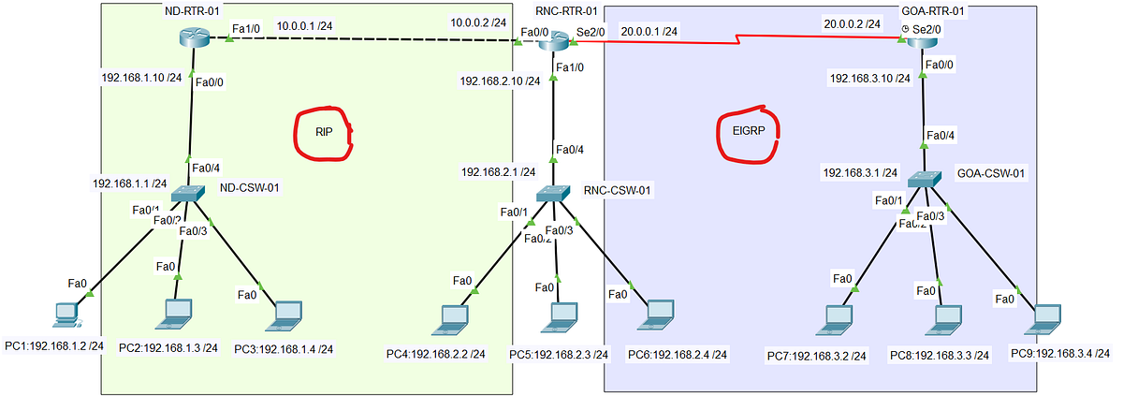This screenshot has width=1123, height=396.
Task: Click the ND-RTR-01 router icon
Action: coord(193,38)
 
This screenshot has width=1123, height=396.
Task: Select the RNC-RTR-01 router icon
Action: coord(553,39)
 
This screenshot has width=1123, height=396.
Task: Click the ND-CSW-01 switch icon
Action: coord(191,193)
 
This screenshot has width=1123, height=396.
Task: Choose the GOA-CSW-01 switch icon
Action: coord(924,178)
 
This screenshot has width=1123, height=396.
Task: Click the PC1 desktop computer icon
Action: coord(65,315)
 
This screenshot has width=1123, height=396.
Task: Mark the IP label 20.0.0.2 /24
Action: coord(851,22)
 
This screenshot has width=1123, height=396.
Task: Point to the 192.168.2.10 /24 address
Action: coord(500,81)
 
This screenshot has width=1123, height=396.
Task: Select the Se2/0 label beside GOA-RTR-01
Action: coord(926,30)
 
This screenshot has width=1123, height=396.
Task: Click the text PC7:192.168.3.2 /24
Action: coord(817,356)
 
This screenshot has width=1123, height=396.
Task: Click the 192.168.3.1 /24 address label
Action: coord(860,173)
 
